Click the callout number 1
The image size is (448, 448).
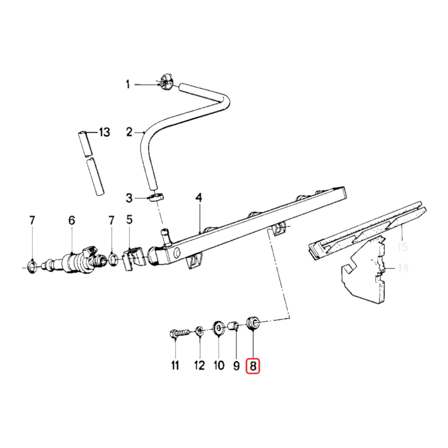click(127, 84)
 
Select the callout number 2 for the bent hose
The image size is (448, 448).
click(129, 132)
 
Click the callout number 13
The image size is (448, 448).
click(104, 132)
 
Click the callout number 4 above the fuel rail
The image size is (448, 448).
click(199, 197)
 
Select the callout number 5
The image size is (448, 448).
click(129, 220)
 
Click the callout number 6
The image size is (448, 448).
click(72, 220)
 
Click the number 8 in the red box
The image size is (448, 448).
click(253, 366)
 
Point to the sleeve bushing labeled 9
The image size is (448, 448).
click(233, 326)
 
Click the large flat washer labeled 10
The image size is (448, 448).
click(219, 327)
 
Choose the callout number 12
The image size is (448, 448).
click(200, 365)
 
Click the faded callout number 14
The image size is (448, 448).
click(403, 268)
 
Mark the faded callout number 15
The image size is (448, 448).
click(402, 247)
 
